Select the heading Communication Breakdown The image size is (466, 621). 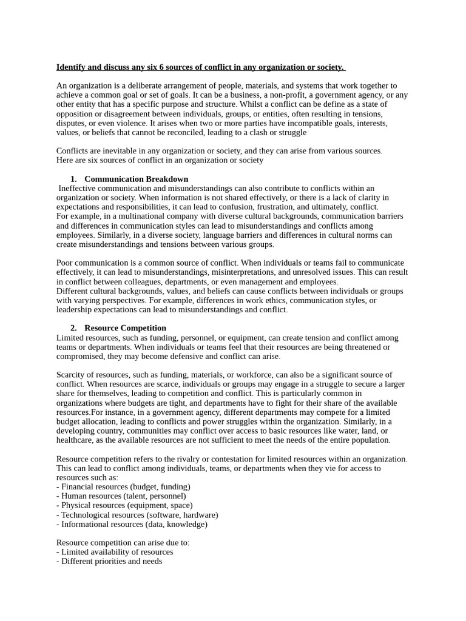[x=136, y=179]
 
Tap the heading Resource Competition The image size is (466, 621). [x=125, y=328]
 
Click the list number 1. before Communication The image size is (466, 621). [x=73, y=179]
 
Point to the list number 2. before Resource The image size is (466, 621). [x=73, y=328]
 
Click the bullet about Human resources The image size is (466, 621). [x=121, y=496]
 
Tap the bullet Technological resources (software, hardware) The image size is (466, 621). [x=137, y=515]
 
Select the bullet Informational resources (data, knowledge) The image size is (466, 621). [x=132, y=524]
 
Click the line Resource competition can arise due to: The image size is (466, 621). [x=123, y=543]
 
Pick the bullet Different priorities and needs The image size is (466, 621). [x=109, y=562]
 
